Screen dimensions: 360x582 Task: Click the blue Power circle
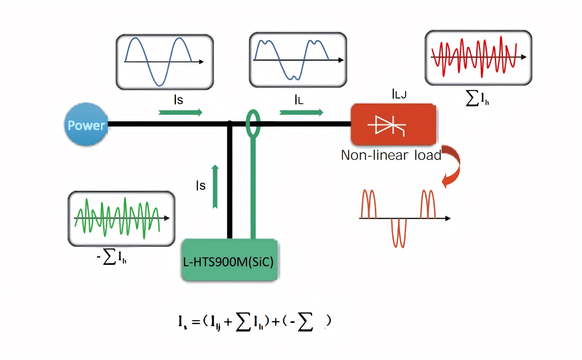pos(86,124)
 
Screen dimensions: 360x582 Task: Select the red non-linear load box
pos(393,124)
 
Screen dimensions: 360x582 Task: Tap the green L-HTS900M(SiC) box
pos(230,260)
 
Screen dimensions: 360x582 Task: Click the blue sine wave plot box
pos(164,62)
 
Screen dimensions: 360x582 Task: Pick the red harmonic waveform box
pos(478,58)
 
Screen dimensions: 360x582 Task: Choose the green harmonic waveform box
pos(121,219)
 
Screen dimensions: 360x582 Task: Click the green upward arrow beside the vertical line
pos(215,186)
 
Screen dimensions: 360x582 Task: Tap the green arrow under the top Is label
pos(180,113)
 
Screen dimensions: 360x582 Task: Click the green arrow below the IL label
pos(301,112)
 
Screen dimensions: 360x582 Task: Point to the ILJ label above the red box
pos(399,95)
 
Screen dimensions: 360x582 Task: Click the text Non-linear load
pos(390,155)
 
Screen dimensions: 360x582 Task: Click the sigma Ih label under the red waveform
pos(478,99)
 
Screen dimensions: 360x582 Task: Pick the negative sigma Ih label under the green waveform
pos(112,259)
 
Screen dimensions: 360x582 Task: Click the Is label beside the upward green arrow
pos(200,186)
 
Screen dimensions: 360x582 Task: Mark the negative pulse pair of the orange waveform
pos(398,232)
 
